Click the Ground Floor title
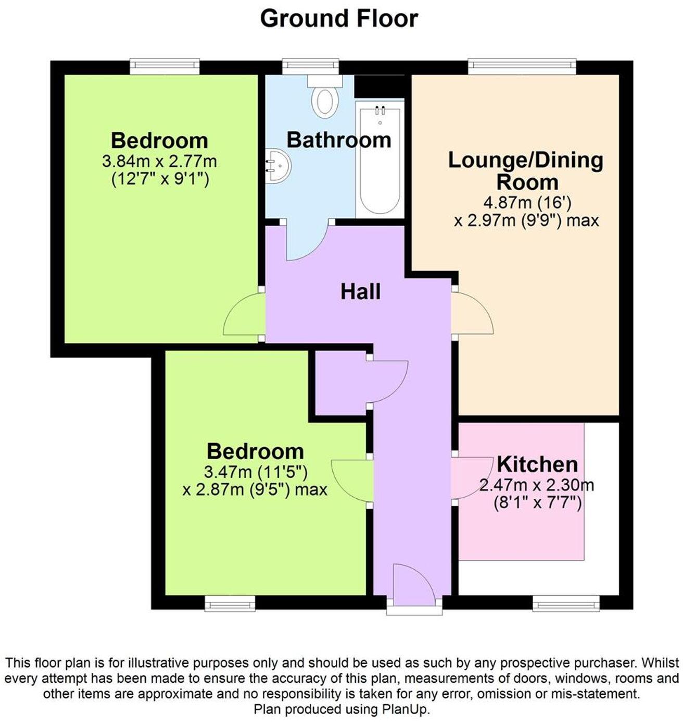[x=339, y=19]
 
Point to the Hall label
[x=360, y=292]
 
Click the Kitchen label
[x=537, y=464]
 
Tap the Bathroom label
[x=339, y=140]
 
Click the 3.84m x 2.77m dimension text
[x=159, y=161]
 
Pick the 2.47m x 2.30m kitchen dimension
[x=537, y=486]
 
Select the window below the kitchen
[x=566, y=604]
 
